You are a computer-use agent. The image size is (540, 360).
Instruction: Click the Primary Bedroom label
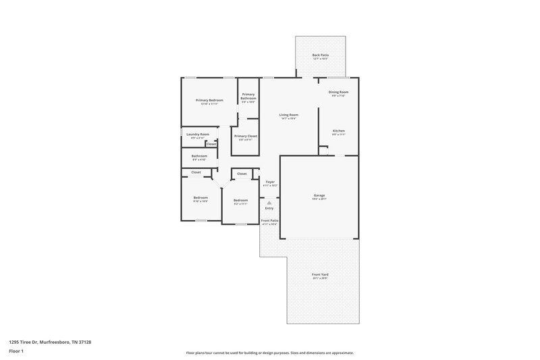pos(209,100)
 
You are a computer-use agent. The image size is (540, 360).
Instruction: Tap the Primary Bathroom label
pos(248,97)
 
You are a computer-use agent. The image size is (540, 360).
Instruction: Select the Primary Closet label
pos(246,136)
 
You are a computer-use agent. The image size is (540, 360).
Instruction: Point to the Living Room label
pos(289,115)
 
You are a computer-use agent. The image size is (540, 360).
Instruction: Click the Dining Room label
pos(338,92)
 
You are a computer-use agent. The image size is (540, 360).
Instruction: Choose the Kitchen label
pos(338,130)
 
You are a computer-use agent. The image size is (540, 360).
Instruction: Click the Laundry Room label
pos(198,134)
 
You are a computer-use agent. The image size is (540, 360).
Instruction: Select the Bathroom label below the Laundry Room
pos(199,156)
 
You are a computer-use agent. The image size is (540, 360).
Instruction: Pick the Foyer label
pos(270,182)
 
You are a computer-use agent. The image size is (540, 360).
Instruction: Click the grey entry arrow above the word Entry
pos(269,202)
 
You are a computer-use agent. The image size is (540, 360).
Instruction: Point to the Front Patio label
pos(270,221)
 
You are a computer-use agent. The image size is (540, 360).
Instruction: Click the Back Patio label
pos(321,55)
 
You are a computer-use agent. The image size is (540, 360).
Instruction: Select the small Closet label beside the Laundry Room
pos(211,144)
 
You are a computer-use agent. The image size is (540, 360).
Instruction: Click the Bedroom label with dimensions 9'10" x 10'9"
pos(200,198)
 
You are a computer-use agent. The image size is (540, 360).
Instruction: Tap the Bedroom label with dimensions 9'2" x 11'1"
pos(241,201)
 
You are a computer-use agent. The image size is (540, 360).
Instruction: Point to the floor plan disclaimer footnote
pos(270,353)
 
